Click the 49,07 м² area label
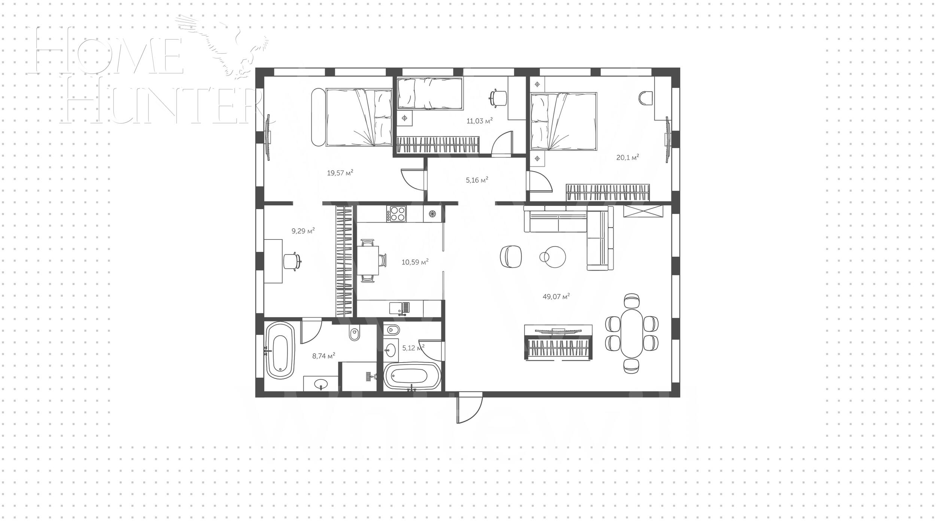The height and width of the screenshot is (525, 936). (556, 297)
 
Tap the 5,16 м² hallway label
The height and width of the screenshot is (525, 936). (477, 180)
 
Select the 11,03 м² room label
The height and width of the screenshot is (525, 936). (479, 121)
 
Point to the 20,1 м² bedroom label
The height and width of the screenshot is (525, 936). (627, 158)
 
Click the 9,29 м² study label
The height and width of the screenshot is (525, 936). (303, 231)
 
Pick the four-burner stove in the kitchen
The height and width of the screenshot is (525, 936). (397, 214)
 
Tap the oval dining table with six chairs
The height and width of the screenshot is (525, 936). (632, 333)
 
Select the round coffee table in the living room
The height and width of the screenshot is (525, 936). (554, 257)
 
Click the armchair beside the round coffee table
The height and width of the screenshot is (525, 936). (511, 257)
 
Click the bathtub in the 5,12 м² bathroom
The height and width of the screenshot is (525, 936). (412, 376)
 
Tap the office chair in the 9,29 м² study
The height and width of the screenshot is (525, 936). (291, 261)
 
